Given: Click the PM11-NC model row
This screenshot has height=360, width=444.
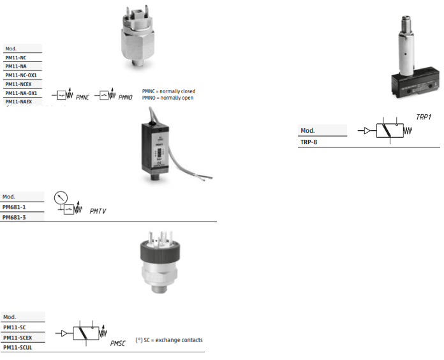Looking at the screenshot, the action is (x=15, y=58).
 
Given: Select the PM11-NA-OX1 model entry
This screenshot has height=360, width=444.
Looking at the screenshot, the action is (x=21, y=93).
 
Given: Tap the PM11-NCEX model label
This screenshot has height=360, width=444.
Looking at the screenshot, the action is (x=18, y=84).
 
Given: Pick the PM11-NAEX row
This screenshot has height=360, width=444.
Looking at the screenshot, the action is (x=18, y=101).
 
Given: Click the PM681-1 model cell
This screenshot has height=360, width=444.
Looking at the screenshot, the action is (x=14, y=207).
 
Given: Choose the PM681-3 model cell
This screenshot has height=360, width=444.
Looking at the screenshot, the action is (x=14, y=218).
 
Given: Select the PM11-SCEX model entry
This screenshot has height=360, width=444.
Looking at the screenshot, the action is (x=18, y=338).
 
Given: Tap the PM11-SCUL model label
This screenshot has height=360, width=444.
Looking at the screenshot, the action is (x=18, y=347).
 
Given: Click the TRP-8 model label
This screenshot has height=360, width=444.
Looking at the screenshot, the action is (x=309, y=142).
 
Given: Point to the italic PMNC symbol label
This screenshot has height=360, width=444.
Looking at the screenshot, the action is (x=82, y=98).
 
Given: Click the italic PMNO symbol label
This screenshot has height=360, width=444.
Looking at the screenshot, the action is (x=126, y=98).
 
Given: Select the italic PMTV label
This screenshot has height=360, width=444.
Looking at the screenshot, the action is (x=98, y=211).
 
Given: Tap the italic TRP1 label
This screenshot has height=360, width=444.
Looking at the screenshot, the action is (x=424, y=117).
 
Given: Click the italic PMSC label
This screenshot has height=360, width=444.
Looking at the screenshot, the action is (x=118, y=343).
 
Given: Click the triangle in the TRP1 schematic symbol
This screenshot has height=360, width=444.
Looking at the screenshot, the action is (x=367, y=131).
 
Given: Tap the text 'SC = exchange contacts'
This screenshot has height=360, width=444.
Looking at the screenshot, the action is (x=173, y=340).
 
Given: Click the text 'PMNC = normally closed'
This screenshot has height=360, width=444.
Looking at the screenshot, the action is (x=169, y=91).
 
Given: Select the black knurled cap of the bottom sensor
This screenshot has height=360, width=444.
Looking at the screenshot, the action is (x=160, y=250).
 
